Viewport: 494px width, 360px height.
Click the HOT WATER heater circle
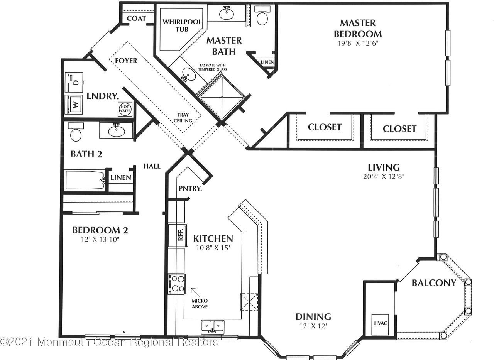coord(125,109)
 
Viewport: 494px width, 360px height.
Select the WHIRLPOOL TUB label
coord(182,25)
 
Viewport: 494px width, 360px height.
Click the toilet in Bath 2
coord(76,132)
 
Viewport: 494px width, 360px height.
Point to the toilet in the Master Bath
coord(262,15)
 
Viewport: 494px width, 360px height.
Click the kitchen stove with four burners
coord(177,284)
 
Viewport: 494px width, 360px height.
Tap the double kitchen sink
coord(212,327)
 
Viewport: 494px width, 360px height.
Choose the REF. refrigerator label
coord(181,235)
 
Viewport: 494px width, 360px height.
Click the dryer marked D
coord(74,82)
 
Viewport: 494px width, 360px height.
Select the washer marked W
coord(74,105)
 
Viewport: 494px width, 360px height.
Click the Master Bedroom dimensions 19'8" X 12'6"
coord(358,43)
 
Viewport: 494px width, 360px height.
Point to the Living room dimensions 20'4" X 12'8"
coord(384,176)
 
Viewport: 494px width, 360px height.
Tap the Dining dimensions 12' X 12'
coord(313,326)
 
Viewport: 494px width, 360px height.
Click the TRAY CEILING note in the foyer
coord(183,118)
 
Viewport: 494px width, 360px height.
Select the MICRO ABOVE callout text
coord(200,303)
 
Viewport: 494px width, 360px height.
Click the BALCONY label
coord(434,283)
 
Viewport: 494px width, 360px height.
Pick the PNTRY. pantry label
coord(190,188)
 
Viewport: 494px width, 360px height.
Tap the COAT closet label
coord(136,18)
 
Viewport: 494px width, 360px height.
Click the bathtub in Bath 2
coord(85,180)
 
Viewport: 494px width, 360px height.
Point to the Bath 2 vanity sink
coord(116,130)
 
